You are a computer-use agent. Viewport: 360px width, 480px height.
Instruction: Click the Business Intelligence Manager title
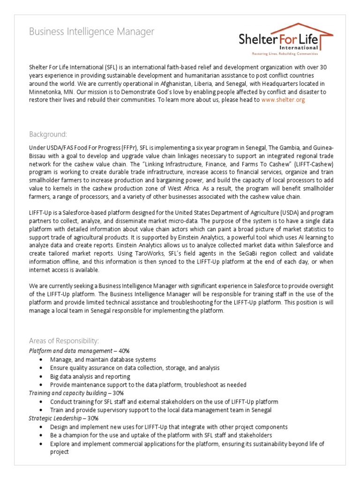tap(91, 32)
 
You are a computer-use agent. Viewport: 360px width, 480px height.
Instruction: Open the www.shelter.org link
tap(283, 100)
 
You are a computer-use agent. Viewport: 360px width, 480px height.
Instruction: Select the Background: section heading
tap(48, 134)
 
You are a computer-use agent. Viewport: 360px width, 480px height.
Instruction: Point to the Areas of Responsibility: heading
tap(64, 340)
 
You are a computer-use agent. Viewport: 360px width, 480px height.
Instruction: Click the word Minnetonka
tap(45, 92)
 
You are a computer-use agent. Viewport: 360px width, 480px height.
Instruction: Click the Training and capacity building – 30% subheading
tap(75, 393)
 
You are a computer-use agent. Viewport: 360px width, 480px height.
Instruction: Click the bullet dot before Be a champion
tap(43, 435)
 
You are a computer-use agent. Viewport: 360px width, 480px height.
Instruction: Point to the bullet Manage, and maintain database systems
tap(103, 359)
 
